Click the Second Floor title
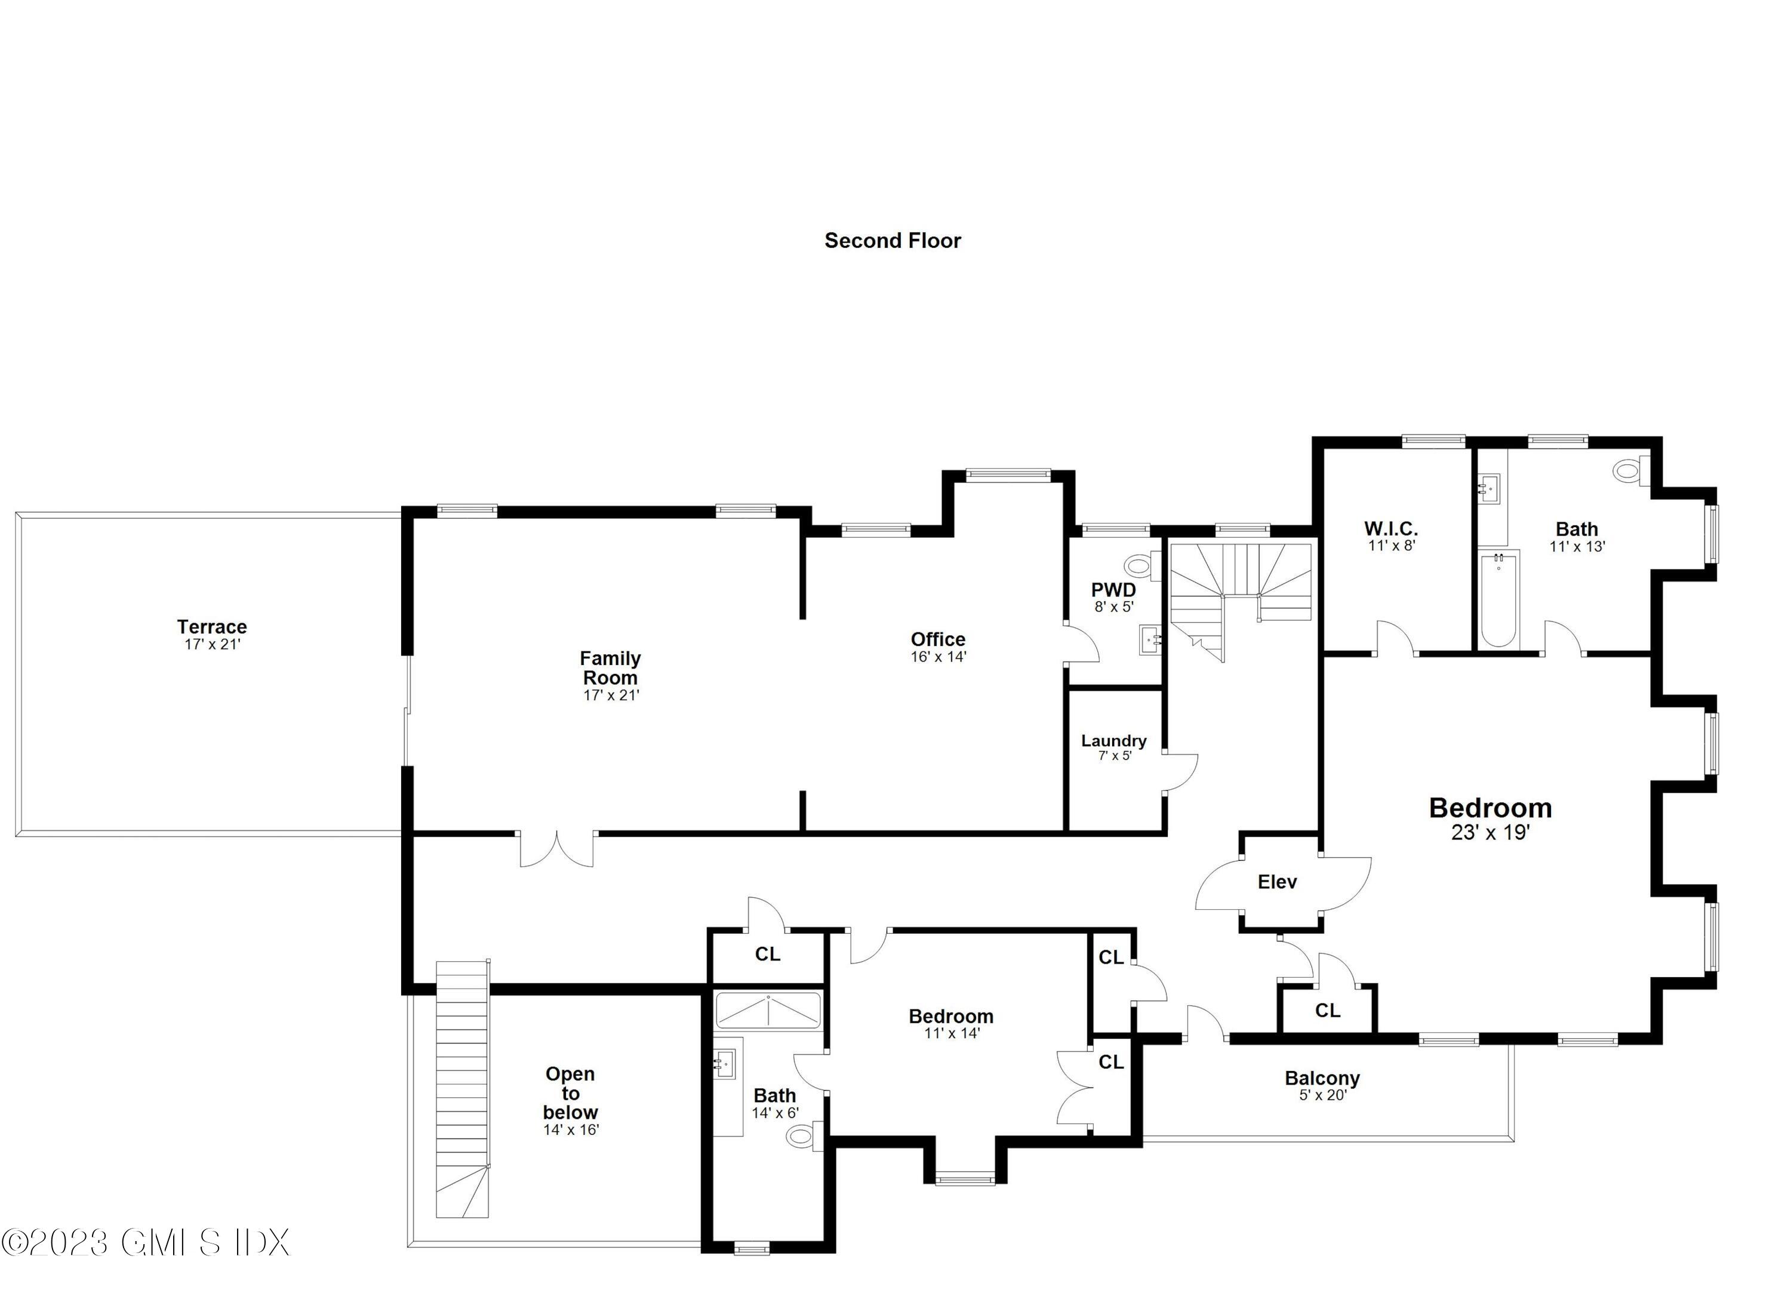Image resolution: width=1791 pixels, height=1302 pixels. click(893, 241)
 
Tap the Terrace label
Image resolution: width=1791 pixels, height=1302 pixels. click(211, 627)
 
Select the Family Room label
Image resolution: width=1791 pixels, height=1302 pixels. click(610, 668)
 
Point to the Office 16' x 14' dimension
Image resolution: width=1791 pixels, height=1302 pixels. click(938, 657)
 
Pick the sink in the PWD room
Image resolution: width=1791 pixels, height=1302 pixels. click(1150, 639)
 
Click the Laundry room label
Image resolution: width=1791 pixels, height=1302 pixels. click(1113, 741)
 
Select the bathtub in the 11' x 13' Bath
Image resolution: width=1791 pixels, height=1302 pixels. click(1497, 600)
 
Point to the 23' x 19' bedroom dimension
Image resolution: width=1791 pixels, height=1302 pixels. click(1490, 832)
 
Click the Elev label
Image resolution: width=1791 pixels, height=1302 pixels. click(1277, 882)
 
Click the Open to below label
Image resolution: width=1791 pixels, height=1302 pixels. click(570, 1093)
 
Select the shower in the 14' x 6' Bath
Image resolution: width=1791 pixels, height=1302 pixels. click(768, 1011)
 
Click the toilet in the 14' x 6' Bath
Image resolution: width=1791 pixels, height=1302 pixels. click(802, 1137)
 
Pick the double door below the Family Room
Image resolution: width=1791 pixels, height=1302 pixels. click(557, 849)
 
